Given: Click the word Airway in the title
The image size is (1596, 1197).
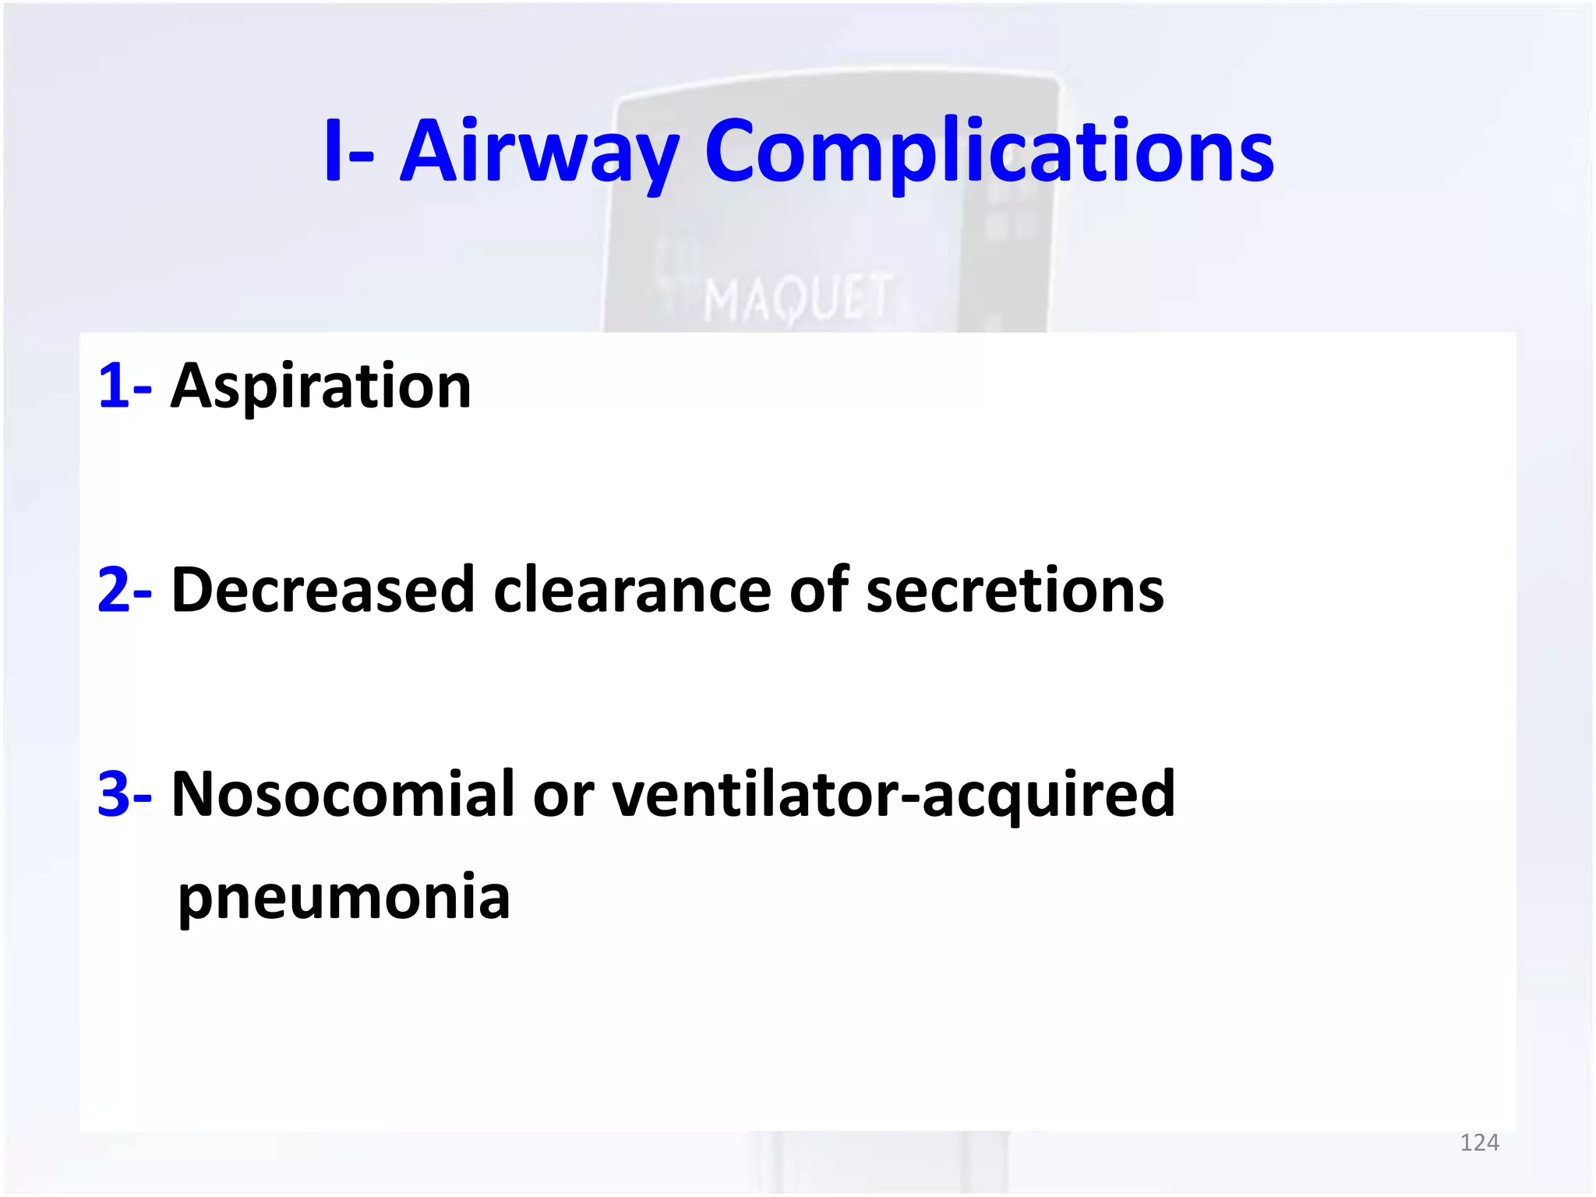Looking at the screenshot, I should click(x=539, y=152).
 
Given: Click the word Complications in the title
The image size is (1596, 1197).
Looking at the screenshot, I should click(x=988, y=152).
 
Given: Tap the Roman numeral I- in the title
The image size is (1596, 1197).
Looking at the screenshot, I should click(x=348, y=152).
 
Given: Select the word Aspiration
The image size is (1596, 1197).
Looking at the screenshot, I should click(x=320, y=387).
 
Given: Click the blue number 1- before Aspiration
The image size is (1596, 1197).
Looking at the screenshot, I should click(x=124, y=387).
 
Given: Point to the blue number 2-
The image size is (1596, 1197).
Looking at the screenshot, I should click(x=124, y=590).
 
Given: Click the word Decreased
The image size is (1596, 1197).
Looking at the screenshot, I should click(x=323, y=590).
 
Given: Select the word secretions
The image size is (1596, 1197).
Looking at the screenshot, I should click(x=1015, y=590).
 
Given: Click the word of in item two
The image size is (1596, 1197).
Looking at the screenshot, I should click(x=818, y=590).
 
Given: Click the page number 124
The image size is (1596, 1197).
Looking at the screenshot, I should click(x=1478, y=1142).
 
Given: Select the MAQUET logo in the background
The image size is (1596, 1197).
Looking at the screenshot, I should click(x=796, y=298).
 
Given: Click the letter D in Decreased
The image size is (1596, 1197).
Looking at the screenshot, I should click(x=193, y=590).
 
